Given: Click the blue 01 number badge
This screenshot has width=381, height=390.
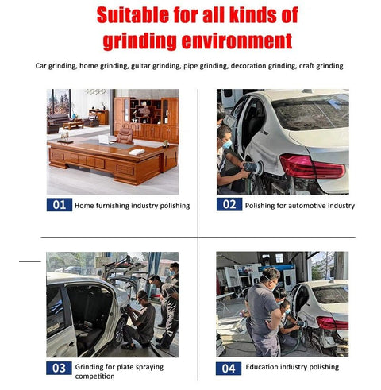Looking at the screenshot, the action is [x=60, y=205].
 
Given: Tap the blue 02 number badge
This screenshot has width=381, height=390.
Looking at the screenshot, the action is [x=229, y=204].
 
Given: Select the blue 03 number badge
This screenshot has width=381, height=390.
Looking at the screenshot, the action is [x=59, y=368].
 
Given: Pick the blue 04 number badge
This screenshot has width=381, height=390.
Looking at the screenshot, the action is [x=229, y=369].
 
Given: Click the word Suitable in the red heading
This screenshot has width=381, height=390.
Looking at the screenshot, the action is [x=133, y=15].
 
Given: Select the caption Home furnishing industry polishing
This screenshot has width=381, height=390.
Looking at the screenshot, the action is [x=132, y=206].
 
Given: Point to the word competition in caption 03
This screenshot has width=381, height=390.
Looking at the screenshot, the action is [x=94, y=376].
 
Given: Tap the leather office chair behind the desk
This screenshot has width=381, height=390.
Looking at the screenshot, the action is [x=125, y=136].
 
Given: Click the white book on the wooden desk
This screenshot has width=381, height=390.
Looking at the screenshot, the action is [x=137, y=152].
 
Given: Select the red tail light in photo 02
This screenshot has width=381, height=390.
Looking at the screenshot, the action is [x=312, y=166].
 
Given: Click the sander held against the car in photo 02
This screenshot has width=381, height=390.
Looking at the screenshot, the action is [x=253, y=168].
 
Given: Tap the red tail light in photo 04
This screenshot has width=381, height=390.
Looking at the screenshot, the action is [x=333, y=323].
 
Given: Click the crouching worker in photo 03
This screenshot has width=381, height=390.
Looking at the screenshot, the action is [x=139, y=319].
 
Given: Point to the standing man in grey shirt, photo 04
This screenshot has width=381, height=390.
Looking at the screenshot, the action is [x=264, y=312].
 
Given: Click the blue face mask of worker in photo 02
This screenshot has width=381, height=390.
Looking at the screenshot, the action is [x=227, y=144].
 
